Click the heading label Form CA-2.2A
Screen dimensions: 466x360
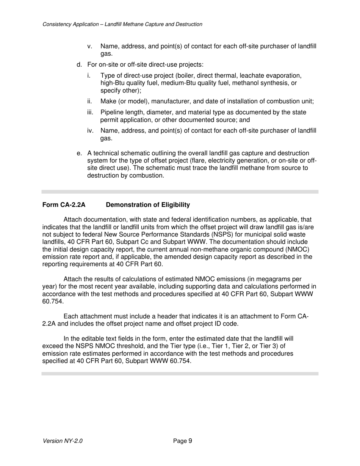pos(64,205)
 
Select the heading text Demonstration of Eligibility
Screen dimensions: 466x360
pos(148,205)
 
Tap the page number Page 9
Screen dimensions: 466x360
pos(183,441)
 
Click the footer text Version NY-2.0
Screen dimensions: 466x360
pos(63,441)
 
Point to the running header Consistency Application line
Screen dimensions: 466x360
pos(122,24)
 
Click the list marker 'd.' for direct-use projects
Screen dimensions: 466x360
pos(79,65)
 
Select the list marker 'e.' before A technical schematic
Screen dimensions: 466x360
pos(79,153)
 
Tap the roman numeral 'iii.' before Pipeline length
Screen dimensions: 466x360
pos(90,113)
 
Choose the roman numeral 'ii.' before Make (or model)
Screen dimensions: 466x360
pos(90,102)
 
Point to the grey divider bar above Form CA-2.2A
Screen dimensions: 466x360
pos(180,192)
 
